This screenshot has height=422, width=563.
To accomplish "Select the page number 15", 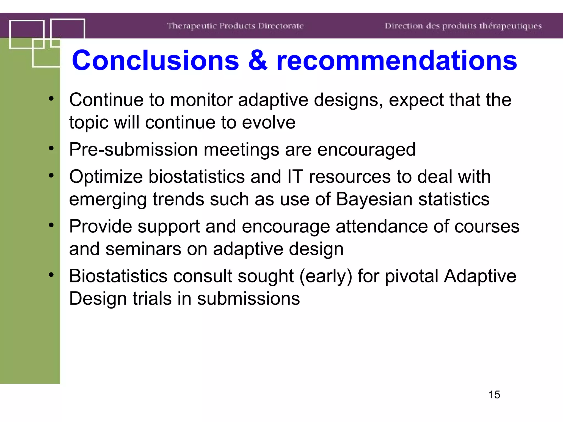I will click(x=494, y=395).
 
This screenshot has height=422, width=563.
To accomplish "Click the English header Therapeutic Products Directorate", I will click(x=236, y=26).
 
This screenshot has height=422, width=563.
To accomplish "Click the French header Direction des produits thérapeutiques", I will click(x=463, y=26).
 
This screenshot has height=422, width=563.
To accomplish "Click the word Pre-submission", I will click(x=133, y=150).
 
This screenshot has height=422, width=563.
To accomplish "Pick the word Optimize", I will click(x=106, y=177).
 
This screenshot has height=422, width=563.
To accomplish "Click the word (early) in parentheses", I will click(x=326, y=276).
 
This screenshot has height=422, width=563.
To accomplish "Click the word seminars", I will click(x=143, y=249).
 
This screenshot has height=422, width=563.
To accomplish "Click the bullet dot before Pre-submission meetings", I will click(x=51, y=148).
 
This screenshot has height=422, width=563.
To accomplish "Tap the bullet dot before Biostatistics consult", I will click(x=51, y=275).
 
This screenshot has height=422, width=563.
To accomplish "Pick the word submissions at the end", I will click(x=248, y=299).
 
